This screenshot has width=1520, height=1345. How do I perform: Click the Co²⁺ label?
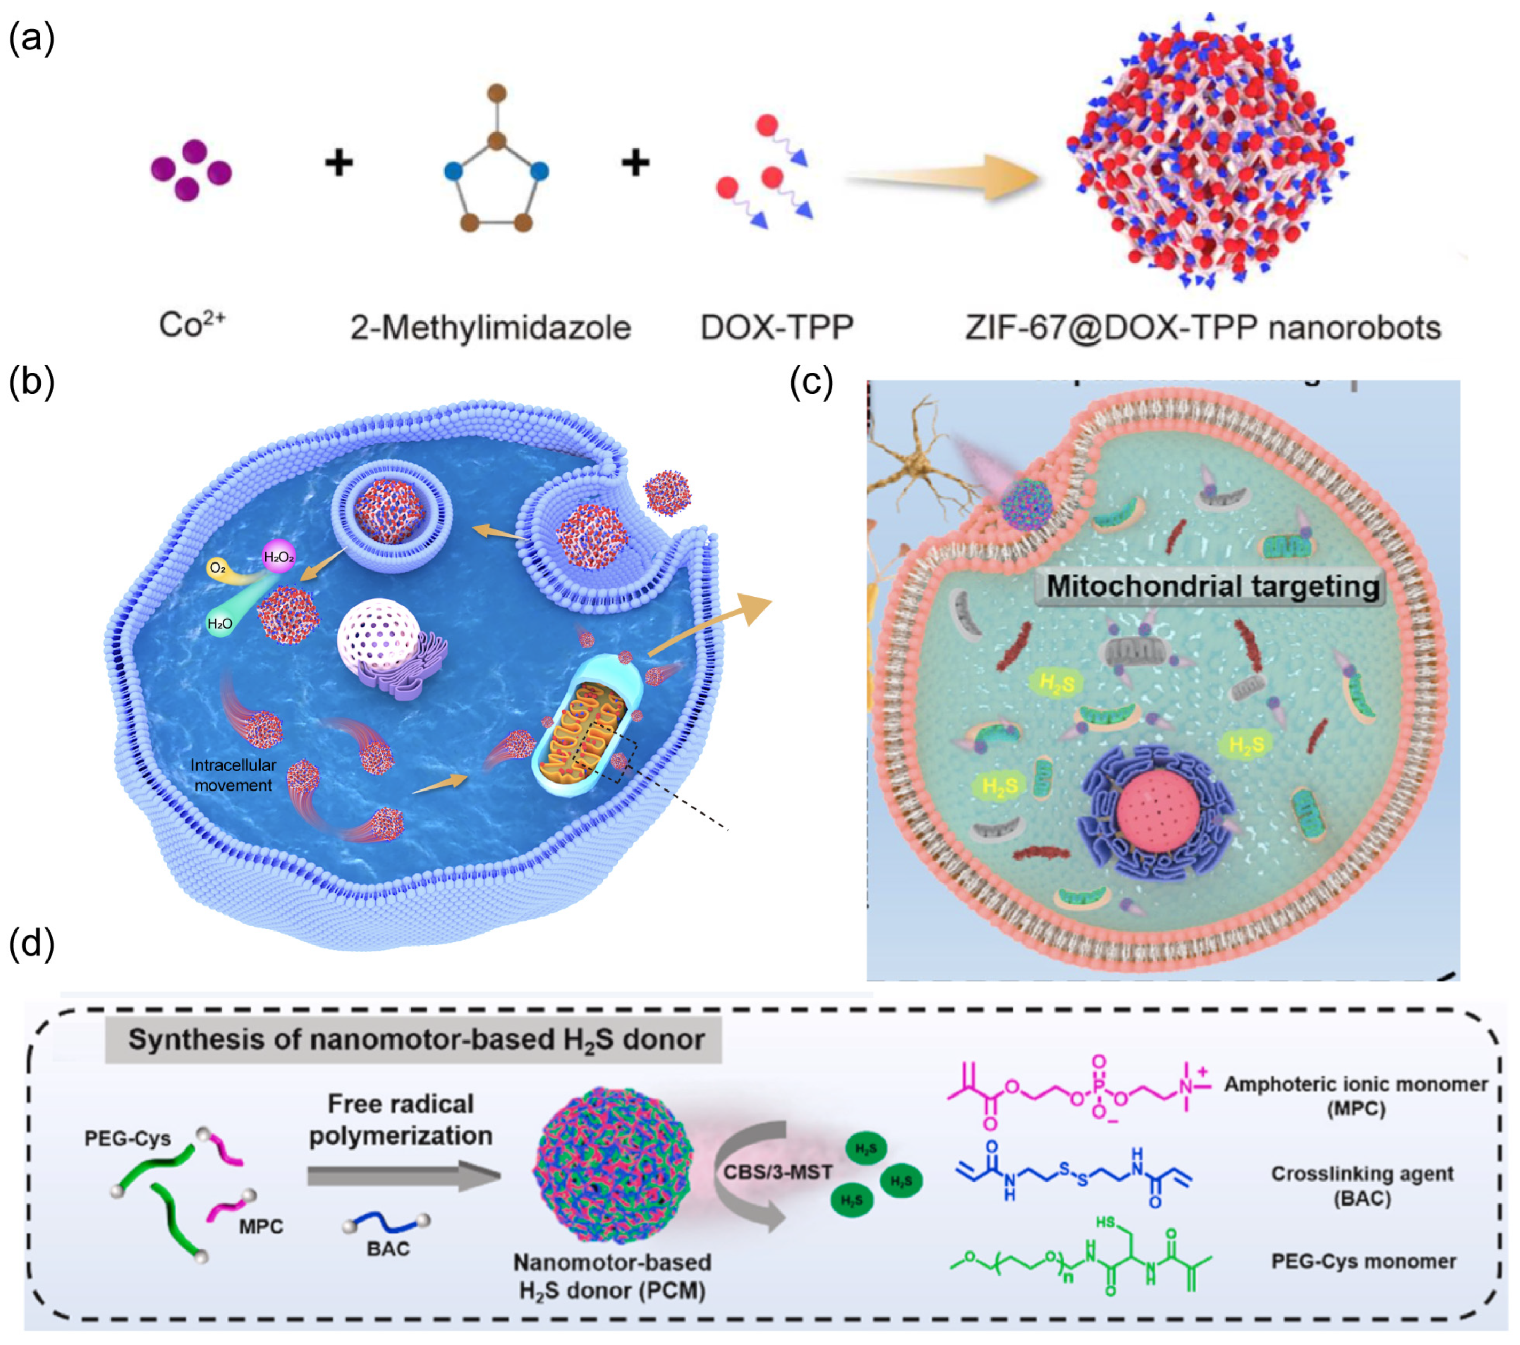[x=192, y=325]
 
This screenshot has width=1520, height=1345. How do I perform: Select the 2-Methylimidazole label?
[x=491, y=327]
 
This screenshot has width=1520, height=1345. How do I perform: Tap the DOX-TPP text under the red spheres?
[x=776, y=327]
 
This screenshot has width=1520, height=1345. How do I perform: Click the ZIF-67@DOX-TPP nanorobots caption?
[x=1202, y=327]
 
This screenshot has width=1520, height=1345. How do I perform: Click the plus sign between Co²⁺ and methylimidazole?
[x=339, y=162]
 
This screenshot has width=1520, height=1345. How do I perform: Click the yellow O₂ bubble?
[x=218, y=568]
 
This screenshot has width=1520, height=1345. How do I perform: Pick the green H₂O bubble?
[x=219, y=623]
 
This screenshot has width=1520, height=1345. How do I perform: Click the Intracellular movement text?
[x=233, y=775]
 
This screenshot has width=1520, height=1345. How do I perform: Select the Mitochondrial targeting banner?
[x=1212, y=586]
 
